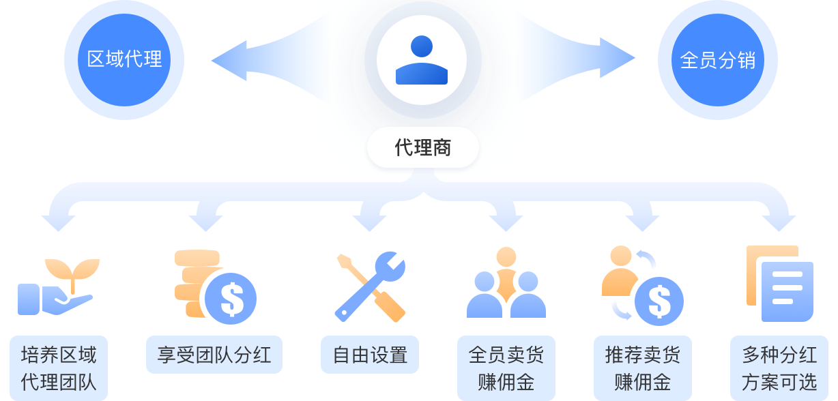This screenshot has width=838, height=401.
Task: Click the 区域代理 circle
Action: coord(124,60)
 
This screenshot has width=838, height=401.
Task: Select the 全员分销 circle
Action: coord(717,60)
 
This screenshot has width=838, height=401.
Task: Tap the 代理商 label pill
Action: coord(423,147)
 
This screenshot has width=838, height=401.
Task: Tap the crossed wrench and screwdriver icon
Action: coord(371,286)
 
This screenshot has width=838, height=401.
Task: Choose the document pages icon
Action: coord(779,284)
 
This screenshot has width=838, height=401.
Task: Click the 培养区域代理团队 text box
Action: coord(59,368)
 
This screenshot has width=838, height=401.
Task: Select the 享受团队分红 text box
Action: coord(214,355)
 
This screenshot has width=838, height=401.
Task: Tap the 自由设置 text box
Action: coord(370,355)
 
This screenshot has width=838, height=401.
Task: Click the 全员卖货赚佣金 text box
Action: coord(506,368)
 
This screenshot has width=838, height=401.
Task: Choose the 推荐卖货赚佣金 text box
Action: coord(643,368)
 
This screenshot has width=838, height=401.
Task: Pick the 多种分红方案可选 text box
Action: coord(779,368)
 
